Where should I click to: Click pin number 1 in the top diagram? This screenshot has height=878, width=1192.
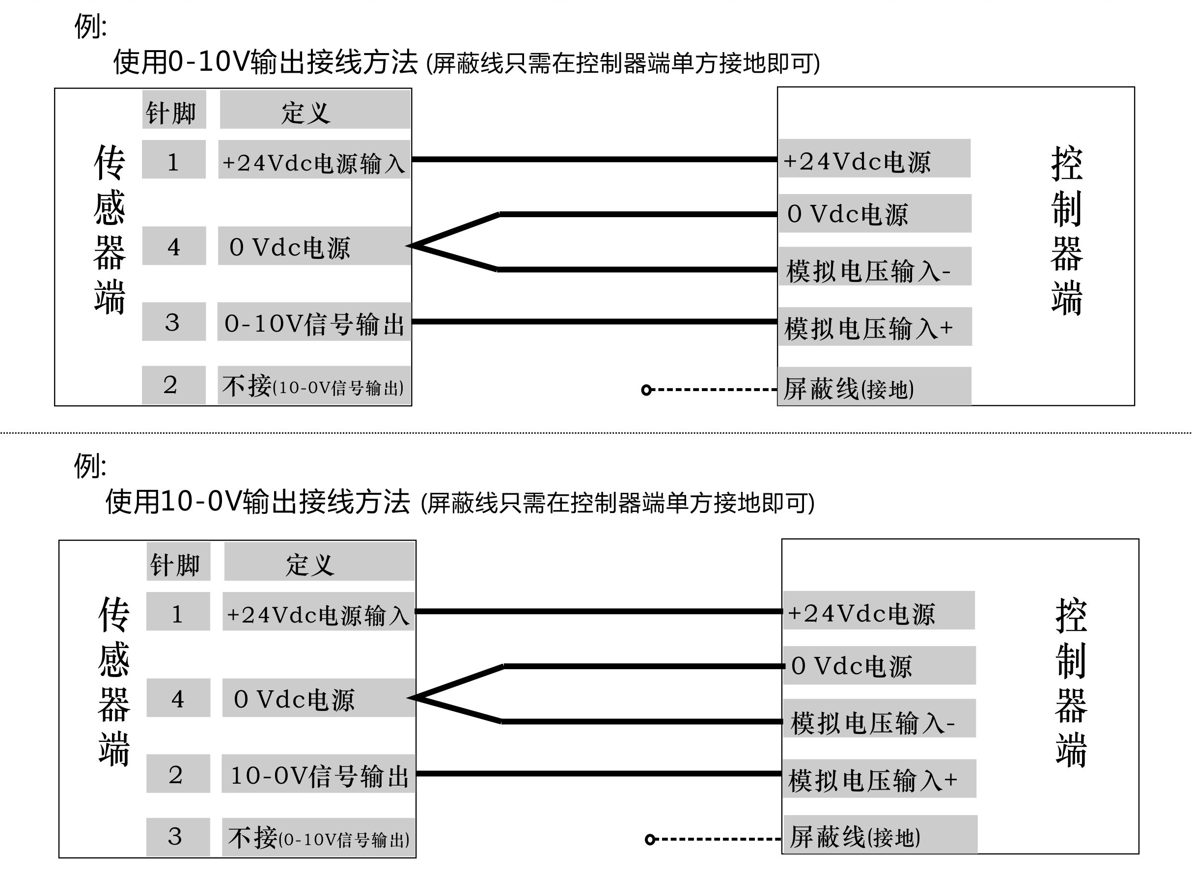pyautogui.click(x=174, y=160)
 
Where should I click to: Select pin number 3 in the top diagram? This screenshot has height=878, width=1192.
pyautogui.click(x=174, y=321)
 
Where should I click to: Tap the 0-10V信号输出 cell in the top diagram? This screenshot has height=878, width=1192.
pyautogui.click(x=314, y=321)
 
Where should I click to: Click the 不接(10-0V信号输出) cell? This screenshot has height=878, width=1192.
pyautogui.click(x=314, y=385)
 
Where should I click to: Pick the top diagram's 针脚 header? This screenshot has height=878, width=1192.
pyautogui.click(x=174, y=110)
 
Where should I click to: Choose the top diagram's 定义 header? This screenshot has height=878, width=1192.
pyautogui.click(x=315, y=110)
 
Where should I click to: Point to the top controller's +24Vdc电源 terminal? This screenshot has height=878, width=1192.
pyautogui.click(x=874, y=158)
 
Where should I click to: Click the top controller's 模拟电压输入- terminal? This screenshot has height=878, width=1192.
pyautogui.click(x=875, y=266)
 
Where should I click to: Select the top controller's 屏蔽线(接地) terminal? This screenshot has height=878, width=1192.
pyautogui.click(x=874, y=386)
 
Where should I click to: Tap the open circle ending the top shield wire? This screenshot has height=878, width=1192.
pyautogui.click(x=646, y=390)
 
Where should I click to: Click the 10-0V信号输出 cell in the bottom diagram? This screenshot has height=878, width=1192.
pyautogui.click(x=319, y=773)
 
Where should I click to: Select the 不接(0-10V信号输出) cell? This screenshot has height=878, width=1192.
pyautogui.click(x=319, y=837)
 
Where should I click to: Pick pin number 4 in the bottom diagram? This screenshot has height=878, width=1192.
pyautogui.click(x=178, y=698)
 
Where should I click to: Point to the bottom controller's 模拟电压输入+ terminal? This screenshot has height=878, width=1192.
pyautogui.click(x=879, y=779)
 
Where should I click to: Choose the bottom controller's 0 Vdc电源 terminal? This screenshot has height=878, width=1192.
pyautogui.click(x=879, y=665)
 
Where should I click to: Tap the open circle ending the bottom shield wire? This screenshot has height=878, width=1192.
pyautogui.click(x=650, y=840)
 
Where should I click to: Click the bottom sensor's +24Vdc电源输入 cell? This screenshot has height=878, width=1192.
pyautogui.click(x=319, y=611)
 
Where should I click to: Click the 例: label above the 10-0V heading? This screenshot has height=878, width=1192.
pyautogui.click(x=90, y=466)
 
